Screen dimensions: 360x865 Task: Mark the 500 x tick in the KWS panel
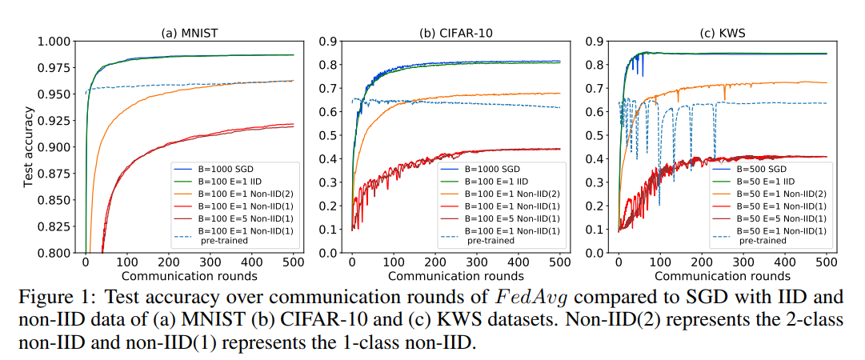coord(827,263)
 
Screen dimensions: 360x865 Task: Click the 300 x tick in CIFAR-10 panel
coord(477,263)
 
